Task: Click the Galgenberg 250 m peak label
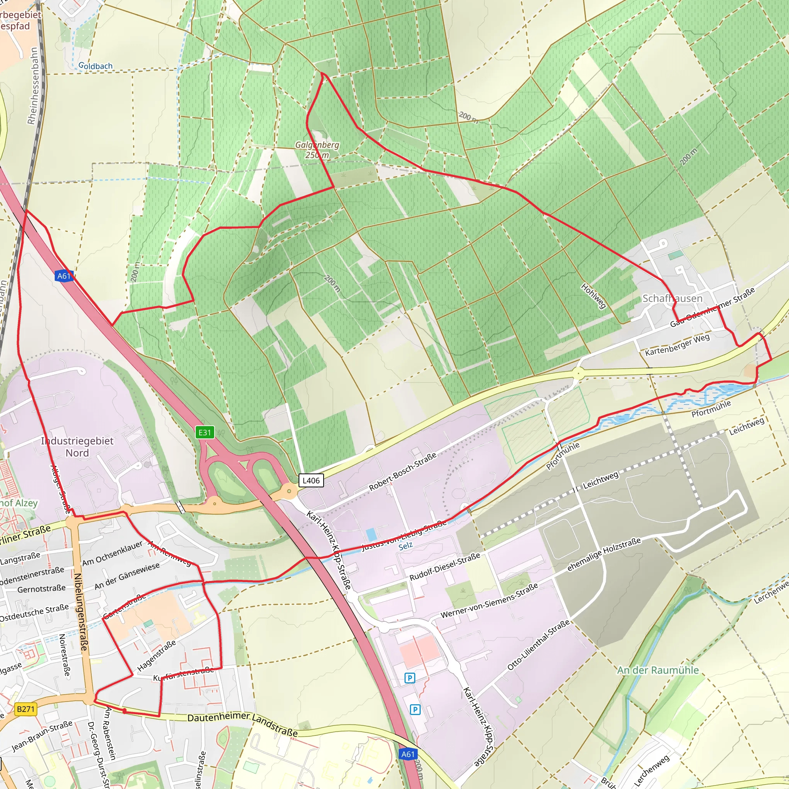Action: click(x=317, y=150)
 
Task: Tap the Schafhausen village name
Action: click(x=672, y=299)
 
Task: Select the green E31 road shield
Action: click(x=205, y=433)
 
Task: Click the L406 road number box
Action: click(x=311, y=480)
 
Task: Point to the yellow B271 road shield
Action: click(x=26, y=709)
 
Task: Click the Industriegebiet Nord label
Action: click(x=77, y=447)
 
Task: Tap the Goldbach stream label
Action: click(x=95, y=66)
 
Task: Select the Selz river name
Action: click(x=406, y=546)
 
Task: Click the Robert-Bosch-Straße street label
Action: click(x=403, y=472)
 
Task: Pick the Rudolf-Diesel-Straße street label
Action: click(x=445, y=567)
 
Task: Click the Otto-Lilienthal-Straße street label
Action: click(x=538, y=645)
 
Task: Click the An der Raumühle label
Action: click(x=658, y=670)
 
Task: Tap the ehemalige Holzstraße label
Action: click(x=604, y=554)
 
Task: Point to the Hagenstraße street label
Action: click(x=156, y=655)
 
